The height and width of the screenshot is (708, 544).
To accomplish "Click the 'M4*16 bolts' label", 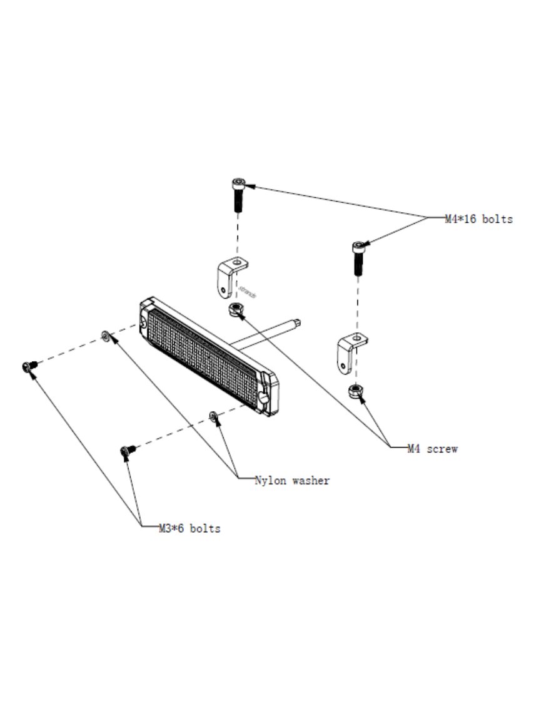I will pyautogui.click(x=478, y=219).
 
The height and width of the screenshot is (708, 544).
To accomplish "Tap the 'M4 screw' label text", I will pyautogui.click(x=433, y=449).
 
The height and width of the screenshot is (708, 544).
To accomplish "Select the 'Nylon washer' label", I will pyautogui.click(x=292, y=481).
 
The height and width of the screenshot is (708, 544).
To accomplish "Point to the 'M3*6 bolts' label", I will pyautogui.click(x=189, y=528).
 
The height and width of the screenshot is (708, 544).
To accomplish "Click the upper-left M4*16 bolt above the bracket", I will pyautogui.click(x=238, y=194).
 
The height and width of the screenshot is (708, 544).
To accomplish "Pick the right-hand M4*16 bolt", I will pyautogui.click(x=358, y=257).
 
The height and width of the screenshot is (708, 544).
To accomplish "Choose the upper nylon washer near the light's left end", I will pyautogui.click(x=106, y=336).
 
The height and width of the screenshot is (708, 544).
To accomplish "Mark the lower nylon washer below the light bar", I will pyautogui.click(x=213, y=416).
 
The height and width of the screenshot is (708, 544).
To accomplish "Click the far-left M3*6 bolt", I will pyautogui.click(x=28, y=366).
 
